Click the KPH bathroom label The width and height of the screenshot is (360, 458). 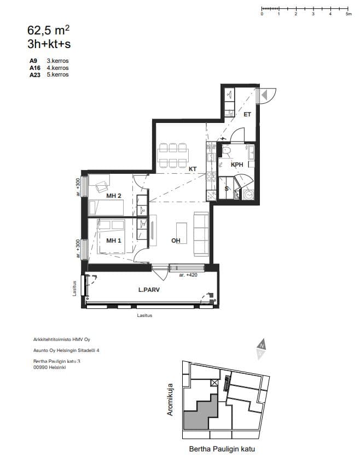coord(237,165)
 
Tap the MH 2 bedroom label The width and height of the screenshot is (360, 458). coord(113,196)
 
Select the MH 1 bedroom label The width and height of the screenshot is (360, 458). coord(113,240)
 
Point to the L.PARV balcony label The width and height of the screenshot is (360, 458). coord(149,290)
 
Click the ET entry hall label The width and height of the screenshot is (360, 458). coord(247,115)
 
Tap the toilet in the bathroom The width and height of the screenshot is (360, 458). coord(226,151)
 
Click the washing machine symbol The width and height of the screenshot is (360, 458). coord(248,195)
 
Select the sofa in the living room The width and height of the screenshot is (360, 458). coord(201,234)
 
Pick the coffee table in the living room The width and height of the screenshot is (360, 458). coord(182,233)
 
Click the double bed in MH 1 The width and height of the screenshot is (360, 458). coord(111,236)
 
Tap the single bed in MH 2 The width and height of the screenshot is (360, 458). coord(106,208)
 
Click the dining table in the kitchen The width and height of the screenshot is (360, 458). coord(173,155)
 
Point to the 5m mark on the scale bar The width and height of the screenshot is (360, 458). coord(348,9)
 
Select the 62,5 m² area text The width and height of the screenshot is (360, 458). coord(49,30)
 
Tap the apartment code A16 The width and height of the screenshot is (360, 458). coord(35,68)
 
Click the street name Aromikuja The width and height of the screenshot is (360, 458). coord(170,400)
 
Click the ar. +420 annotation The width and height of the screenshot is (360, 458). coord(188,275)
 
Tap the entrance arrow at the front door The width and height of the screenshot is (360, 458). coord(264,95)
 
